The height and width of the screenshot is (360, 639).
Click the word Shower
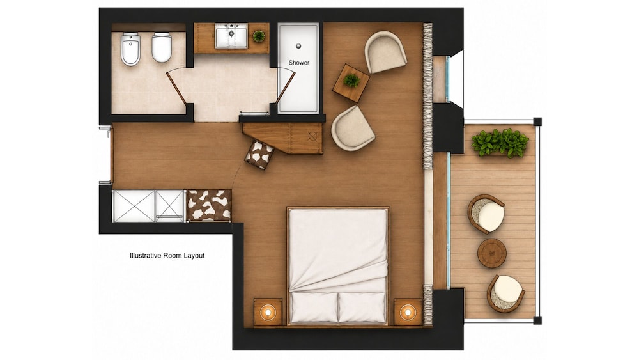tap(299, 63)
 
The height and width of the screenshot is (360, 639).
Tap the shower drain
tap(298, 46)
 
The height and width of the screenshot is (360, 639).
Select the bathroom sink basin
tap(231, 36)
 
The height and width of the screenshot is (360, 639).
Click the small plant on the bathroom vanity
tap(259, 36)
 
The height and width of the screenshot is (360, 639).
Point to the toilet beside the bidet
tap(162, 47)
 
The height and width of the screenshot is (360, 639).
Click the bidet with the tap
tap(130, 49)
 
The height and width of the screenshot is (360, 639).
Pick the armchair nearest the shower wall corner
tap(385, 52)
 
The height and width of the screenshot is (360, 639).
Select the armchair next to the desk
tap(353, 129)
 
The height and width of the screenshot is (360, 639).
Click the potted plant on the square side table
tap(351, 81)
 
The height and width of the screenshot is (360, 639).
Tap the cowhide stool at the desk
tap(259, 155)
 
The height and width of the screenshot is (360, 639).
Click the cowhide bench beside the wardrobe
tap(209, 205)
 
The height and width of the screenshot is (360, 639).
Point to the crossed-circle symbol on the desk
tap(312, 136)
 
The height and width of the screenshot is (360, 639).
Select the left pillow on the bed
tap(314, 307)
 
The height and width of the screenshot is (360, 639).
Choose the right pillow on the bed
tap(362, 308)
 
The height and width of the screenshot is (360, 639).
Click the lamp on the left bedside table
tap(268, 312)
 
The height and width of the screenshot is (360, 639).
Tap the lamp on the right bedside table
tap(408, 312)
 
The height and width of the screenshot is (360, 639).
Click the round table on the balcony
tap(492, 253)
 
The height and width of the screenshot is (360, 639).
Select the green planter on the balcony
tap(500, 143)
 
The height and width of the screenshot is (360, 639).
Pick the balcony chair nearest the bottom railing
tap(505, 293)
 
